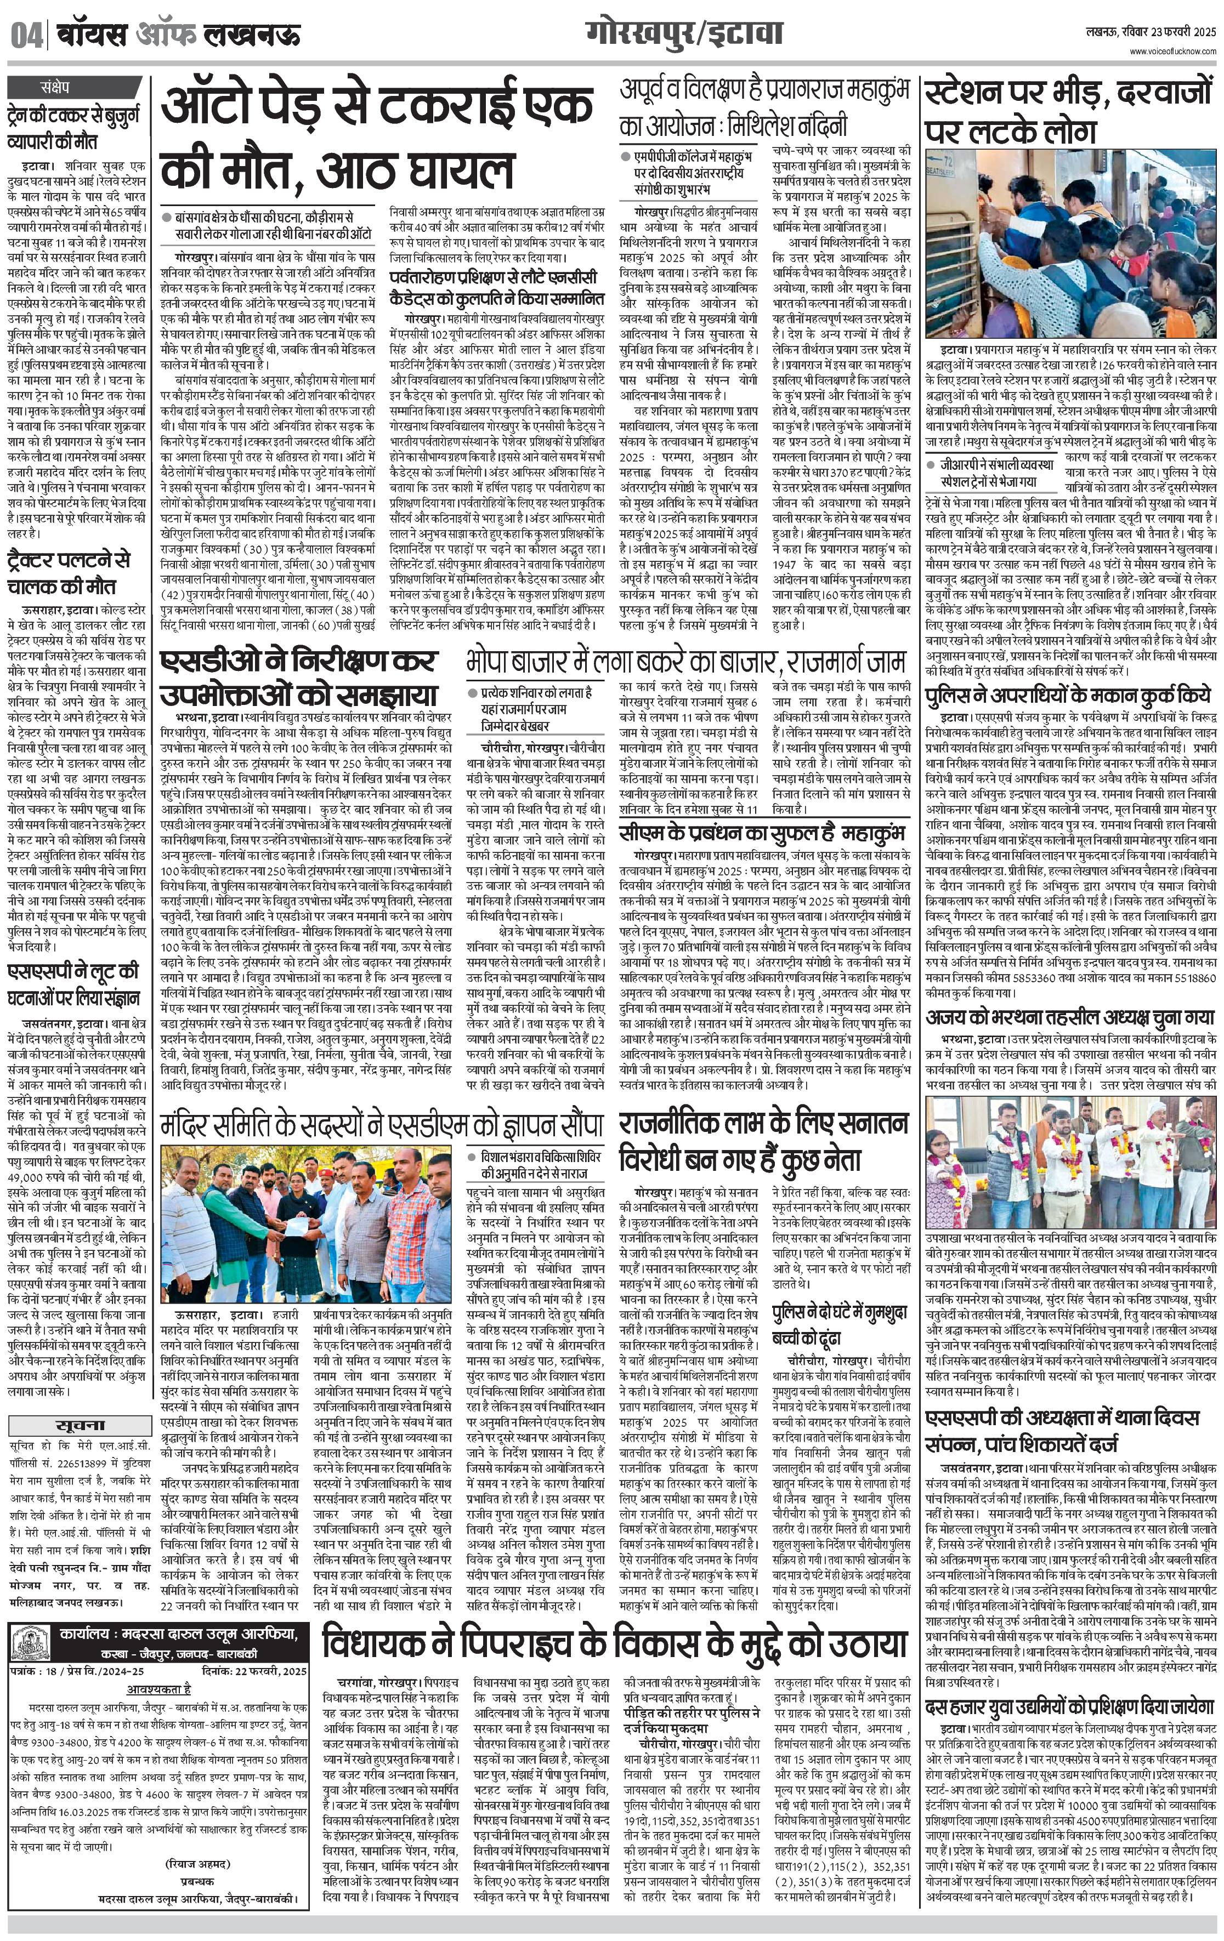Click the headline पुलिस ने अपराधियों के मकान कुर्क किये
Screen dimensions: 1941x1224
point(1068,695)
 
